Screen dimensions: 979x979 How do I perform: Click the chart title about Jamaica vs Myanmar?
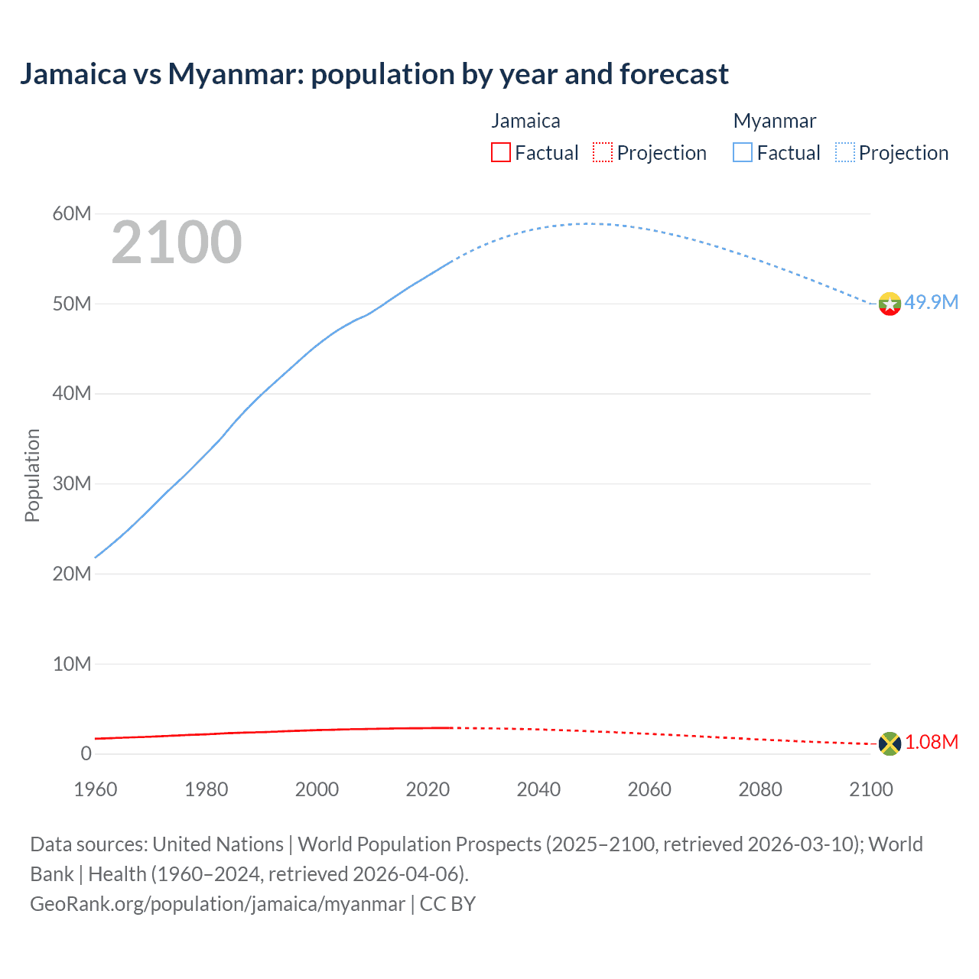click(374, 74)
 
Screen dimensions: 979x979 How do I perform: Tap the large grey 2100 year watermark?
click(177, 242)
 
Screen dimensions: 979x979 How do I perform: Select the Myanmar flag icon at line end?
click(890, 304)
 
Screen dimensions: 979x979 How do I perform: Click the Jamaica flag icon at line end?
click(890, 743)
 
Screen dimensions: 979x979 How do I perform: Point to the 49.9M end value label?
click(931, 302)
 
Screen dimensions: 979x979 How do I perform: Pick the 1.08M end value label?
click(932, 743)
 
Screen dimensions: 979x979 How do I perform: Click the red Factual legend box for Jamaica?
click(501, 153)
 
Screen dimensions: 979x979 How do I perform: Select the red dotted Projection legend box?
click(603, 153)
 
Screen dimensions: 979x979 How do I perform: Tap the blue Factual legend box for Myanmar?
click(743, 153)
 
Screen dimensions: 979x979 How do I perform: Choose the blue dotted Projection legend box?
click(845, 153)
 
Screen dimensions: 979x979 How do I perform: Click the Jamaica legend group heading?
click(525, 121)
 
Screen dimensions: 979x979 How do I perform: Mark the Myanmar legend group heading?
click(775, 121)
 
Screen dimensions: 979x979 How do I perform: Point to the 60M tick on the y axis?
click(72, 213)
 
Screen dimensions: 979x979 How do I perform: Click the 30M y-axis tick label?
click(72, 483)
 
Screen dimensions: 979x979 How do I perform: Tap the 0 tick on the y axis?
click(86, 753)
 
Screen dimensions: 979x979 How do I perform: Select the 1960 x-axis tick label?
click(96, 789)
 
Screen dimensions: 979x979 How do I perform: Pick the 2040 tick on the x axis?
click(538, 789)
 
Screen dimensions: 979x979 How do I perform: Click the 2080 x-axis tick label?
click(760, 789)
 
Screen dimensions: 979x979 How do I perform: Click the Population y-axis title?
click(32, 475)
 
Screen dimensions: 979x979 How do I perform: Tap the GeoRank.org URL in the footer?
click(217, 904)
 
